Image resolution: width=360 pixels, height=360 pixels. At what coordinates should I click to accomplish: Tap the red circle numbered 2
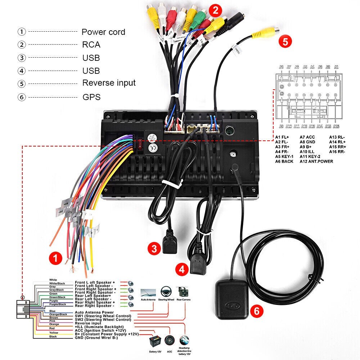coord(215,10)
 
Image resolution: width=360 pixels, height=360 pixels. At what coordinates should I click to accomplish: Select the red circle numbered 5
coord(285,41)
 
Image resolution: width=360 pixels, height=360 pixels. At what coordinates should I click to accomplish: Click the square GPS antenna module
coord(231,300)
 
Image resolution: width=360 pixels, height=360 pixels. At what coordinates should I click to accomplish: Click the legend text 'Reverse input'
coord(109,83)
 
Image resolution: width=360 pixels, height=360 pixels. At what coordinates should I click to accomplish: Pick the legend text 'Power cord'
coord(103,32)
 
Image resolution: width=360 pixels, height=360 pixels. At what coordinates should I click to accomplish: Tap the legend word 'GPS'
coord(91,97)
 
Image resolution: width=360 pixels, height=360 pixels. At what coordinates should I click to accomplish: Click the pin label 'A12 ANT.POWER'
coord(316,161)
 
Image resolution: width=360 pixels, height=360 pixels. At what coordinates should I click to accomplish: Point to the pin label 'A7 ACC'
coord(307,137)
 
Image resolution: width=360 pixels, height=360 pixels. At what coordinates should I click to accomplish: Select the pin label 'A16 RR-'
coord(337,152)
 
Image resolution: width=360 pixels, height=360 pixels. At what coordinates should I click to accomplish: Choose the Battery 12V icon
coord(155,341)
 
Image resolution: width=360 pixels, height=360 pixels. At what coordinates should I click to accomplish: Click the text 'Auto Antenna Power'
coord(94,312)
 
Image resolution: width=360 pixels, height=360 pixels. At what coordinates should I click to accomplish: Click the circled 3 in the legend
coord(22,58)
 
